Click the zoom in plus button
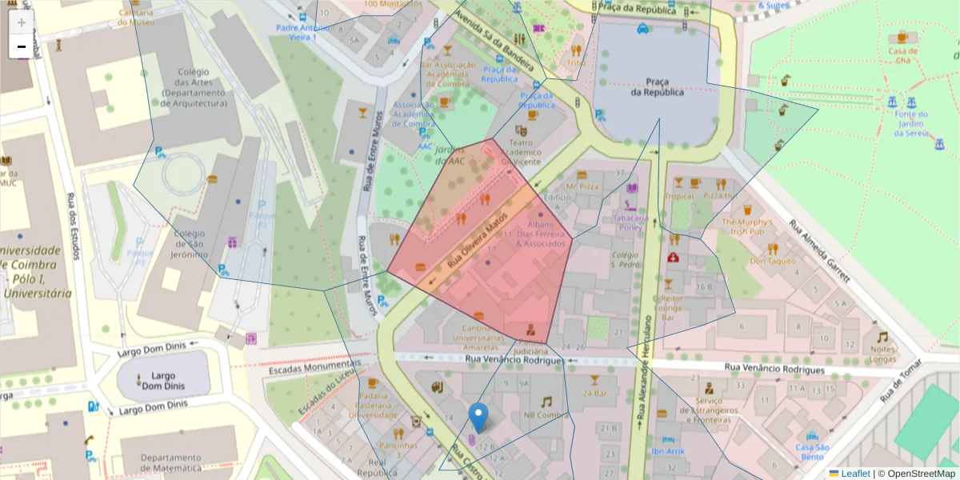point(22,22)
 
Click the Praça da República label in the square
point(657,86)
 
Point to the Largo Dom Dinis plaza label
point(163,380)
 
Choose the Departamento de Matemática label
point(170,463)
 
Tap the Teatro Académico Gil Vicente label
point(521,151)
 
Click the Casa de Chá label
point(902,55)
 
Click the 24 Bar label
point(595,393)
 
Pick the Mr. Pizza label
point(582,186)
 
